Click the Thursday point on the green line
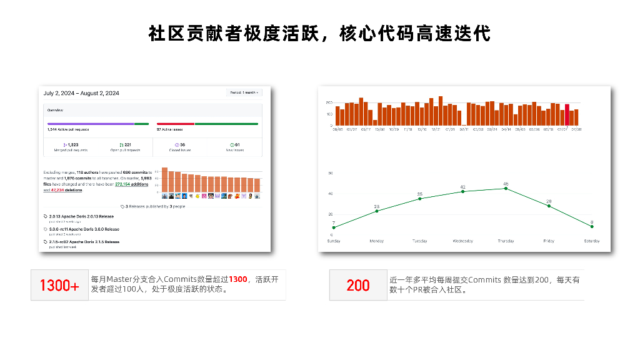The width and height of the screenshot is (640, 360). [506, 188]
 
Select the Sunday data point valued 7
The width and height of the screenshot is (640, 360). [334, 227]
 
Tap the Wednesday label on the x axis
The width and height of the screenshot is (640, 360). [462, 241]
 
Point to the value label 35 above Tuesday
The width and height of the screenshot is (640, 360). [420, 194]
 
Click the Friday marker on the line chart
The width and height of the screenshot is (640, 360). [549, 206]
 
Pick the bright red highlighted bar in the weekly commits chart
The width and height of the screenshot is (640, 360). [567, 115]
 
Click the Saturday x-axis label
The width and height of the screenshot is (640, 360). [591, 241]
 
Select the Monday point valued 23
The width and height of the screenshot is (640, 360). [377, 211]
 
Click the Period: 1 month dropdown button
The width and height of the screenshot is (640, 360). [244, 92]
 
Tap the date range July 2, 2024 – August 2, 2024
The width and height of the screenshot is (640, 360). [81, 93]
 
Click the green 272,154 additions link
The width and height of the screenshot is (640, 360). [132, 184]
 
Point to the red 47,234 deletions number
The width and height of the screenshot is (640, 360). [60, 190]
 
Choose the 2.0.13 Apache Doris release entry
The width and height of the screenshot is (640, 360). [81, 216]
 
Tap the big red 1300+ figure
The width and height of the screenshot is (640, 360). [59, 286]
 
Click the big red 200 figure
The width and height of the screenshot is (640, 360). [358, 286]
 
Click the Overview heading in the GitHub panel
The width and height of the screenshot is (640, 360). [55, 109]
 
